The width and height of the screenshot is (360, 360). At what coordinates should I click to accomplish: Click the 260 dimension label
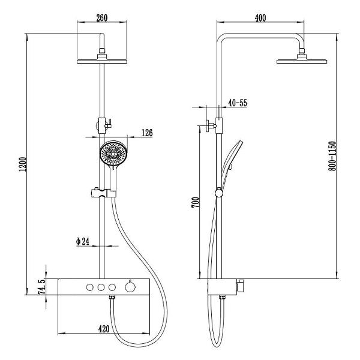[102, 18]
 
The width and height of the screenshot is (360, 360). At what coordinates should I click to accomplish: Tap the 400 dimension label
[260, 18]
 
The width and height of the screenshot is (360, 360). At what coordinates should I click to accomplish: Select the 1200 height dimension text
[23, 164]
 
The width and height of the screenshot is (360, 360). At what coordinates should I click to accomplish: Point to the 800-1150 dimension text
[332, 156]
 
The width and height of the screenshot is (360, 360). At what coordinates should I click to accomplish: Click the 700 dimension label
[196, 202]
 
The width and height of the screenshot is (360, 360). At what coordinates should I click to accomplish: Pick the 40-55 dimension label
[238, 103]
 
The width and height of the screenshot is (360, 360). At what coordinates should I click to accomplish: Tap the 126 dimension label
[147, 133]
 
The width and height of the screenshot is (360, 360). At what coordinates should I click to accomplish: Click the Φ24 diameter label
[83, 241]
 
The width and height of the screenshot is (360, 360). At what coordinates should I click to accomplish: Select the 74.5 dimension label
[41, 286]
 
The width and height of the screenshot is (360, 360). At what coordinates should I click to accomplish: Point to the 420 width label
[104, 329]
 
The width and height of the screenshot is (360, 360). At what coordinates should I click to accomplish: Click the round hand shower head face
[113, 153]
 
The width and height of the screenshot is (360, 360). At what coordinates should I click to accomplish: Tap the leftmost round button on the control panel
[90, 287]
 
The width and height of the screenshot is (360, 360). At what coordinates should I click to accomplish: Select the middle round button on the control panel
[101, 287]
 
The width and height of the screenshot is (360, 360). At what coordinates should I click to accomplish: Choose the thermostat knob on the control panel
[130, 287]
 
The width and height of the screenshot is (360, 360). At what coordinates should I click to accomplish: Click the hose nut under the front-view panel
[112, 298]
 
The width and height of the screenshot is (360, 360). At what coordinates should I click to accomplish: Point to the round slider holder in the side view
[219, 193]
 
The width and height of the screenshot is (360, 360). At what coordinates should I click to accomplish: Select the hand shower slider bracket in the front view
[104, 193]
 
